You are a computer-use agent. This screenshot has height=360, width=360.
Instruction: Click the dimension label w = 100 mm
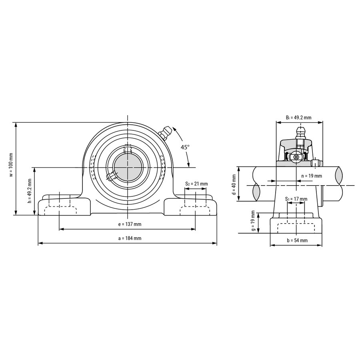(x=11, y=165)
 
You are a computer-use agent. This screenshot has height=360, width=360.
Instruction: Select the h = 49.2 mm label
(x=29, y=190)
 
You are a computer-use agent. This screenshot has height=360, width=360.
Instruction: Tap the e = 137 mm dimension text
(x=130, y=224)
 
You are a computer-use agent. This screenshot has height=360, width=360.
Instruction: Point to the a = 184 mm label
(x=130, y=238)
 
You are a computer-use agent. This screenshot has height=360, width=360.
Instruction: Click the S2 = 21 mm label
(x=196, y=184)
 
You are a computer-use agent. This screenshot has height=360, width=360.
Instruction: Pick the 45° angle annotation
(x=185, y=147)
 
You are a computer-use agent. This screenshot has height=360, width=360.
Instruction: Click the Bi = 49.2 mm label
(x=299, y=118)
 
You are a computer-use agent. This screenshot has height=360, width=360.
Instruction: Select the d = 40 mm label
(x=234, y=184)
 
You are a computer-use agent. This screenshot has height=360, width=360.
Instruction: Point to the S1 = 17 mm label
(x=296, y=199)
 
